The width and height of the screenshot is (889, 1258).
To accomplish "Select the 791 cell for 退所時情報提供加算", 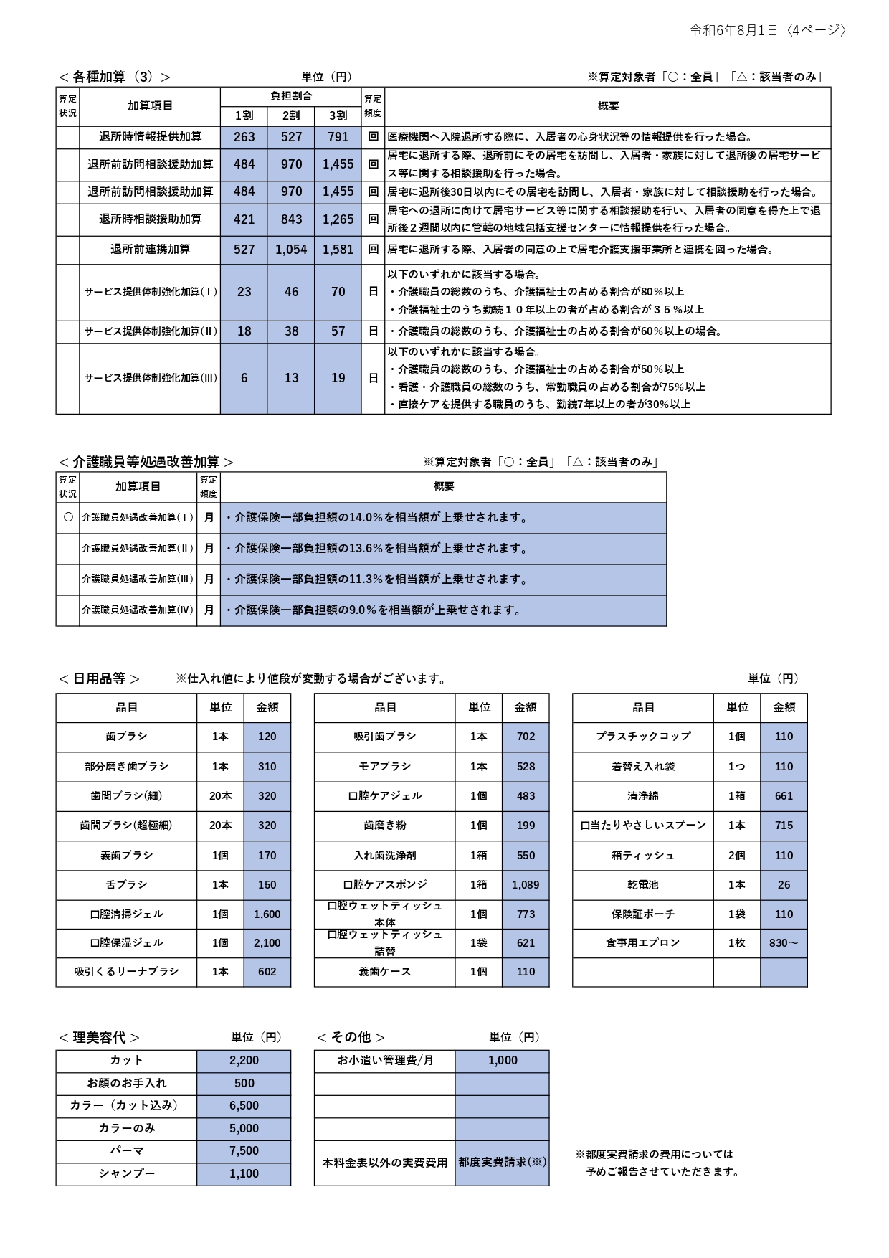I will tap(338, 137).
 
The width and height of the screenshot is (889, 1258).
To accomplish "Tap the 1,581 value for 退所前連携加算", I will tap(338, 250).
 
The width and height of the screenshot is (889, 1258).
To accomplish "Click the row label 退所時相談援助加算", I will tap(150, 219).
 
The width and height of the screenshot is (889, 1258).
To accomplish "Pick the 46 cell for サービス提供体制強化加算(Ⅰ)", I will tap(291, 292).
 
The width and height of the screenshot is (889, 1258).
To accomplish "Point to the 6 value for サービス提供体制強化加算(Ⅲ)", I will tap(244, 378).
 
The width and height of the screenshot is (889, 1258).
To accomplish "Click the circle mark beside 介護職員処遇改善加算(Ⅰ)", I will tap(68, 517).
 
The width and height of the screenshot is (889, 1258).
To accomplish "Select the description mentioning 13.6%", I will tap(377, 549).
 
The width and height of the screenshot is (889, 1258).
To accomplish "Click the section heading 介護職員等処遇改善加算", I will tap(146, 462).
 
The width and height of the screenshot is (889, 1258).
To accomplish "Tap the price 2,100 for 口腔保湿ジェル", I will tap(267, 943).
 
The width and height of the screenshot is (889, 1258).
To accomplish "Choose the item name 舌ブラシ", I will tap(126, 885).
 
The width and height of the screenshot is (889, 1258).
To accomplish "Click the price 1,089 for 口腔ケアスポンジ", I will tap(526, 885).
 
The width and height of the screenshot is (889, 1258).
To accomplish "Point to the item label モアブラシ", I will tap(385, 767).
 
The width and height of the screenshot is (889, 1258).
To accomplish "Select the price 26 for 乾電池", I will tap(784, 885).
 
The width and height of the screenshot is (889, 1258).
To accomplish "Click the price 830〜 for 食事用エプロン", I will tap(784, 943).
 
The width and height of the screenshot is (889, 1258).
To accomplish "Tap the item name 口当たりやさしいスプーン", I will tap(643, 826).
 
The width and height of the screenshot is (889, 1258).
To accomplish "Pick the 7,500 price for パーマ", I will tap(244, 1150).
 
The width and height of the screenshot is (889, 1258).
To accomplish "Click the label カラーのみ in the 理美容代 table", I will tap(126, 1128).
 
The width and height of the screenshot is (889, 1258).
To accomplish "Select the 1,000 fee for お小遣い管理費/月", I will tap(503, 1061).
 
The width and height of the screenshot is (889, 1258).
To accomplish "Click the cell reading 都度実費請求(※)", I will tap(502, 1162).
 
